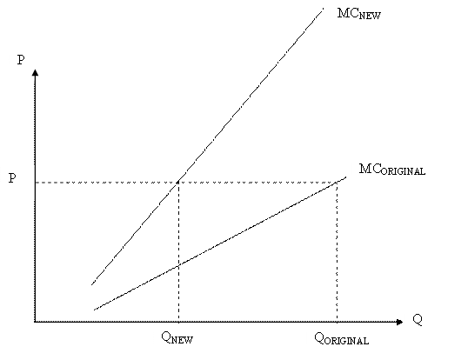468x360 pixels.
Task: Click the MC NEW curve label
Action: click(359, 13)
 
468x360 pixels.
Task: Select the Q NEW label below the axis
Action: click(177, 338)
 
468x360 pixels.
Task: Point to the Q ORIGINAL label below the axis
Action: click(342, 339)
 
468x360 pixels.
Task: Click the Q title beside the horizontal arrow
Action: click(418, 320)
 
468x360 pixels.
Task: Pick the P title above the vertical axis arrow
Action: click(21, 60)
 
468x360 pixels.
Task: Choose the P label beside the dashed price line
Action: click(12, 178)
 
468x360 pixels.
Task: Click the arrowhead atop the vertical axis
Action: click(35, 72)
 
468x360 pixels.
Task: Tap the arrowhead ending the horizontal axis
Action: click(399, 322)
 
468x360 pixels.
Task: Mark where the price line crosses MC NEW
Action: click(178, 182)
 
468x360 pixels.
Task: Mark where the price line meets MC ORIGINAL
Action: click(337, 182)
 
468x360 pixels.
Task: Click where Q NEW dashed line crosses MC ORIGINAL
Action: click(178, 266)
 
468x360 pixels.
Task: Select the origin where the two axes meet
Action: click(35, 322)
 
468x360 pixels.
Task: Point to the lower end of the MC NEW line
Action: click(91, 285)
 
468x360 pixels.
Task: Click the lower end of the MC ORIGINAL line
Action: click(94, 310)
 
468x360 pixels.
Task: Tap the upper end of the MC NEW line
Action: click(324, 9)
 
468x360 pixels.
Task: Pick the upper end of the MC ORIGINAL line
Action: click(346, 177)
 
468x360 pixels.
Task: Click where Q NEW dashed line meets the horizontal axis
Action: click(178, 322)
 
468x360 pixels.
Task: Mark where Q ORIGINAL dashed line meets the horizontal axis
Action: click(337, 322)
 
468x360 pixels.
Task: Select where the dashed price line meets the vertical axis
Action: click(35, 182)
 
